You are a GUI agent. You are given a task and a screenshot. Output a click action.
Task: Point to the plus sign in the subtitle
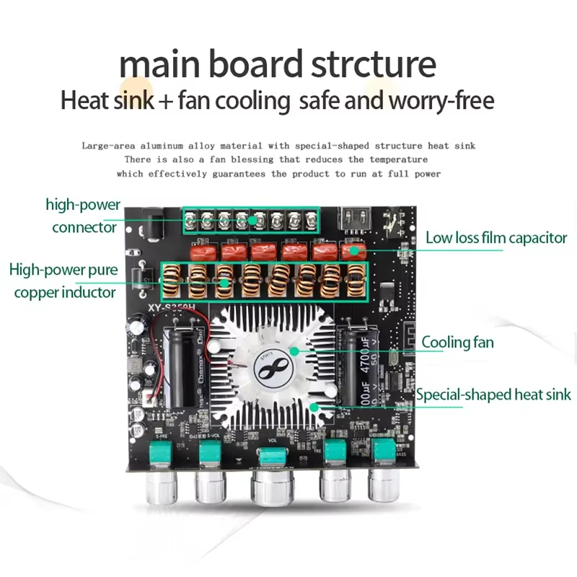click(166, 101)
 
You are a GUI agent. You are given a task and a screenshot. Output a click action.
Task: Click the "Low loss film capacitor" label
click(496, 237)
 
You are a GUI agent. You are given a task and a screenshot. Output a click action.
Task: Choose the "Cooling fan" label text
click(457, 342)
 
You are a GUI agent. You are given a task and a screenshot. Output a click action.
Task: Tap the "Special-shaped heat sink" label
click(493, 395)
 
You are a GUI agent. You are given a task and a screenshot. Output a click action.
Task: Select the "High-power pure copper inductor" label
click(63, 281)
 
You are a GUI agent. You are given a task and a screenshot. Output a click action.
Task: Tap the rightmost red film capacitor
click(351, 251)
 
